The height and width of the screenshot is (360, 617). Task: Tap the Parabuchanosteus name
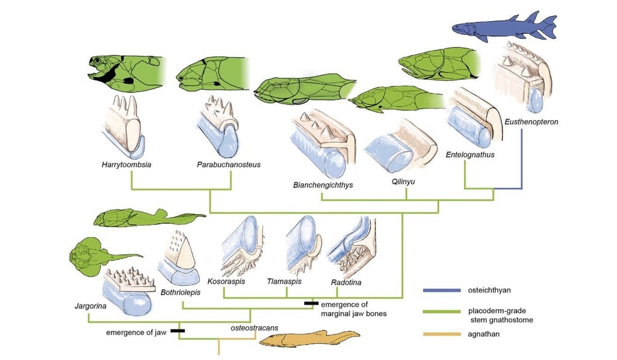pyautogui.click(x=224, y=163)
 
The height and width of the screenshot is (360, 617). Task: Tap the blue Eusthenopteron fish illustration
pyautogui.click(x=505, y=28)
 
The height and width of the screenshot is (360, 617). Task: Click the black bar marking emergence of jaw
pyautogui.click(x=177, y=330)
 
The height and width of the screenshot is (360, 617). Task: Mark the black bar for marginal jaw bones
pyautogui.click(x=311, y=303)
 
